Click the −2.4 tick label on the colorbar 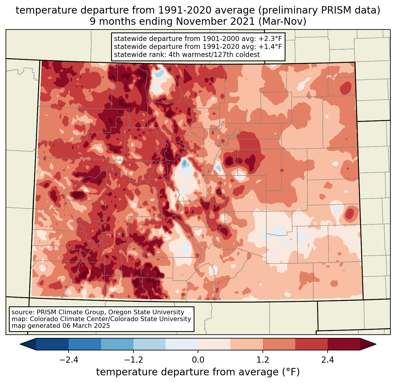(x=69, y=360)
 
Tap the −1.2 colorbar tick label (x=133, y=360)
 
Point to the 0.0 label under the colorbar (x=198, y=360)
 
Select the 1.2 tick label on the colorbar (x=263, y=360)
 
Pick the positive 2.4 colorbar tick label (x=328, y=360)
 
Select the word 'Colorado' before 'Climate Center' (x=43, y=319)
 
